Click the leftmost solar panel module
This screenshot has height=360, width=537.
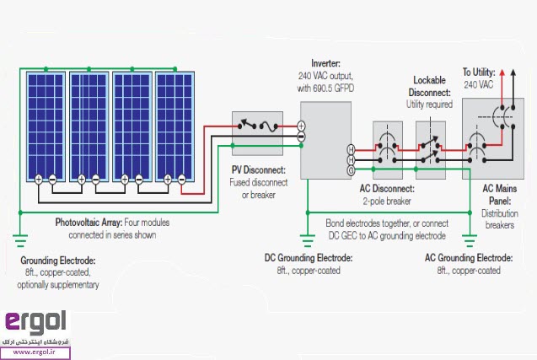point(46,126)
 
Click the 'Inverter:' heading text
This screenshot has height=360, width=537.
point(325,63)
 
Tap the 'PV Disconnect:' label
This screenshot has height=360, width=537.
point(258,171)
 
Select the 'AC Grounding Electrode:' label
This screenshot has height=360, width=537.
point(468,258)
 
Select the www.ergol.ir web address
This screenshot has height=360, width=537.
point(35,354)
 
